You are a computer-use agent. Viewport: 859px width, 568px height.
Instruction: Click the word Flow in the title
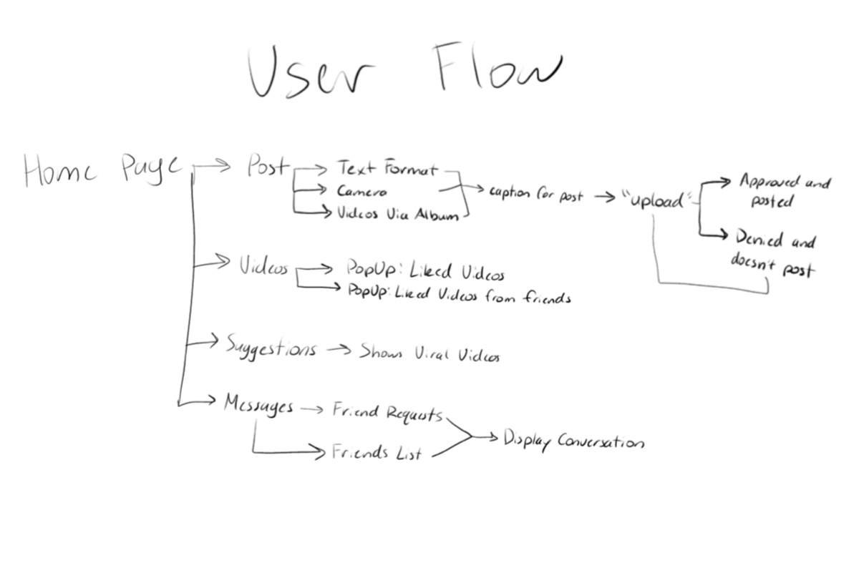tap(496, 69)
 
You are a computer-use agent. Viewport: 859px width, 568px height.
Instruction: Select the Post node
tap(268, 167)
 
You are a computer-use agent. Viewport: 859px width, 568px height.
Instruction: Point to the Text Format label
tap(386, 170)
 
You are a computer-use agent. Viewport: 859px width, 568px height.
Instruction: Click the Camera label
tap(362, 192)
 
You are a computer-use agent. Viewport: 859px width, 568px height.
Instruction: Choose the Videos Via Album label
tap(397, 215)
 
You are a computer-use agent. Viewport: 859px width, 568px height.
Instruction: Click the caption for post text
tap(535, 194)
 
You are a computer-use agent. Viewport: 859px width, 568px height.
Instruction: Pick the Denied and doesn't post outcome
tap(773, 254)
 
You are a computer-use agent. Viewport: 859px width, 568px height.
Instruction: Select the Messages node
tap(258, 405)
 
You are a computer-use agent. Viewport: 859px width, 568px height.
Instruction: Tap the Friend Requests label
tap(387, 413)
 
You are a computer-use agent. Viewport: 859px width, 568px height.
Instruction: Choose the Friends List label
tap(377, 453)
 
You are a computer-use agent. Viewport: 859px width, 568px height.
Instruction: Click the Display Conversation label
tap(573, 441)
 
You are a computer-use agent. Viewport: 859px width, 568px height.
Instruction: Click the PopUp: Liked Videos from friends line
tap(459, 295)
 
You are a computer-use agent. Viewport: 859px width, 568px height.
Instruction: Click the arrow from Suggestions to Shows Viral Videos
tap(337, 350)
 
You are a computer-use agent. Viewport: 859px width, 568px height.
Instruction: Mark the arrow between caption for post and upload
tap(605, 197)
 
